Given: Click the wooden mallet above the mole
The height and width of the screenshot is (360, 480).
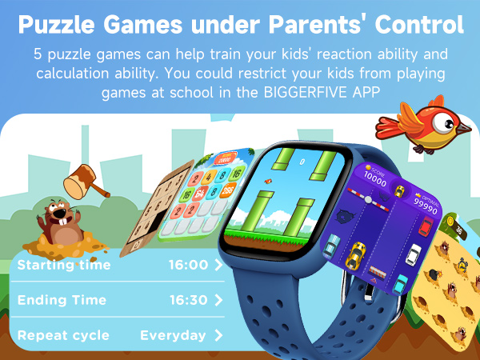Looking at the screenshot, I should pyautogui.click(x=84, y=180).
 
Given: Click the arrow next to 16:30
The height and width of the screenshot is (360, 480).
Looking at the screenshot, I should pyautogui.click(x=218, y=300).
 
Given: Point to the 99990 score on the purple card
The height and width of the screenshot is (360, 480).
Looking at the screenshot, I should pyautogui.click(x=425, y=208).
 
